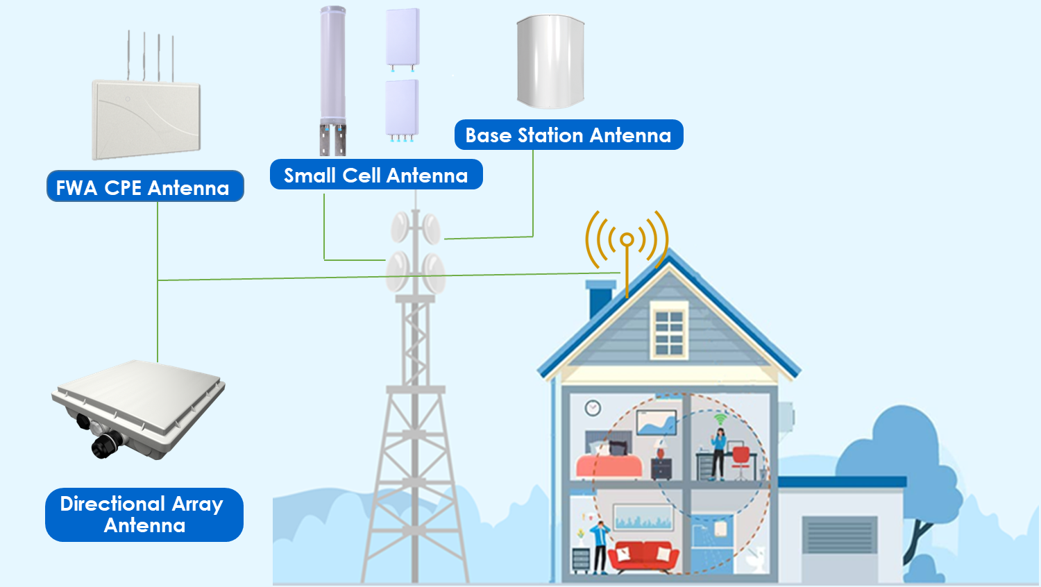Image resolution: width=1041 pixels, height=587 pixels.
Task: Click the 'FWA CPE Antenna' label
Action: click(x=145, y=187)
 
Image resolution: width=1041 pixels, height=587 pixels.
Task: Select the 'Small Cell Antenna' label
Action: click(x=375, y=175)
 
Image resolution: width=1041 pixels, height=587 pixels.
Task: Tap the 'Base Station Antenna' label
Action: click(x=568, y=135)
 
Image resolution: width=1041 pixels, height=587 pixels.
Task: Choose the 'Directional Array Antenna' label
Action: click(x=144, y=514)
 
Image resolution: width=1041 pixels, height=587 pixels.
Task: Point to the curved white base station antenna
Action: click(x=550, y=62)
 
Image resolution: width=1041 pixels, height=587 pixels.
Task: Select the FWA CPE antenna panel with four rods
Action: click(x=146, y=118)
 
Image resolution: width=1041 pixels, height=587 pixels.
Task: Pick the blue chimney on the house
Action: click(x=599, y=298)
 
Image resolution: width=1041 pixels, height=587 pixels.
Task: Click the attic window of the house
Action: click(x=669, y=332)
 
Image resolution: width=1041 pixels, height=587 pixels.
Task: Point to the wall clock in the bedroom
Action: click(x=592, y=408)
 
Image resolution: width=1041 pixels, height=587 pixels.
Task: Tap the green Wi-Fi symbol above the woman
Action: click(x=720, y=418)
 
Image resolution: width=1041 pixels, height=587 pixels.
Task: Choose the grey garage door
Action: click(x=839, y=534)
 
